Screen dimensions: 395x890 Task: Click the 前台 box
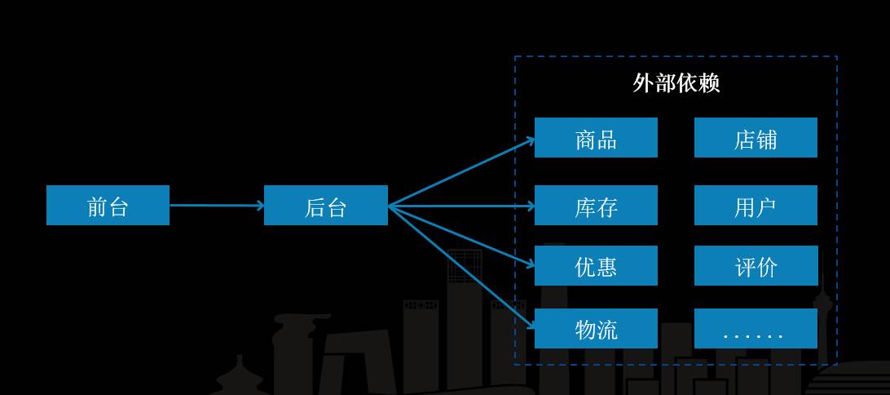pos(108,205)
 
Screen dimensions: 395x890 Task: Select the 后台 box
pos(325,205)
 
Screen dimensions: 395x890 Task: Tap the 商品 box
pos(596,137)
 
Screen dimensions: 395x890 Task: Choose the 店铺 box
pos(756,137)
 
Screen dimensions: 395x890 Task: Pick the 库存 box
pos(596,205)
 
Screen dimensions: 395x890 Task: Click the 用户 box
pos(756,205)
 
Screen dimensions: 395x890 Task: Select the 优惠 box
pos(596,265)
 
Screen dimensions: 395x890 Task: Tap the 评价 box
pos(756,265)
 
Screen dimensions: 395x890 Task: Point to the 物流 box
pos(596,328)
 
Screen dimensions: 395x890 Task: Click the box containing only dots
pos(756,328)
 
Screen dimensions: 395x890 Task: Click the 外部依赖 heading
pos(676,82)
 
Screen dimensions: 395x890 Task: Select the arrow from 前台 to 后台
pos(217,205)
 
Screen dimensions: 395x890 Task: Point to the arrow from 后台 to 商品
pos(461,172)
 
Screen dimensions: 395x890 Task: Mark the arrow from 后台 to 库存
pos(461,206)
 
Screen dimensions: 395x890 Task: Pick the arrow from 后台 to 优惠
pos(461,235)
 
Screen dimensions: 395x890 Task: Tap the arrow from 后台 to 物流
pos(461,266)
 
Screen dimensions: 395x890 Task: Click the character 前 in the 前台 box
pos(97,206)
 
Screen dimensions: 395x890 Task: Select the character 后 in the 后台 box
pos(315,206)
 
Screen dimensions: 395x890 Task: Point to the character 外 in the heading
pos(644,82)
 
